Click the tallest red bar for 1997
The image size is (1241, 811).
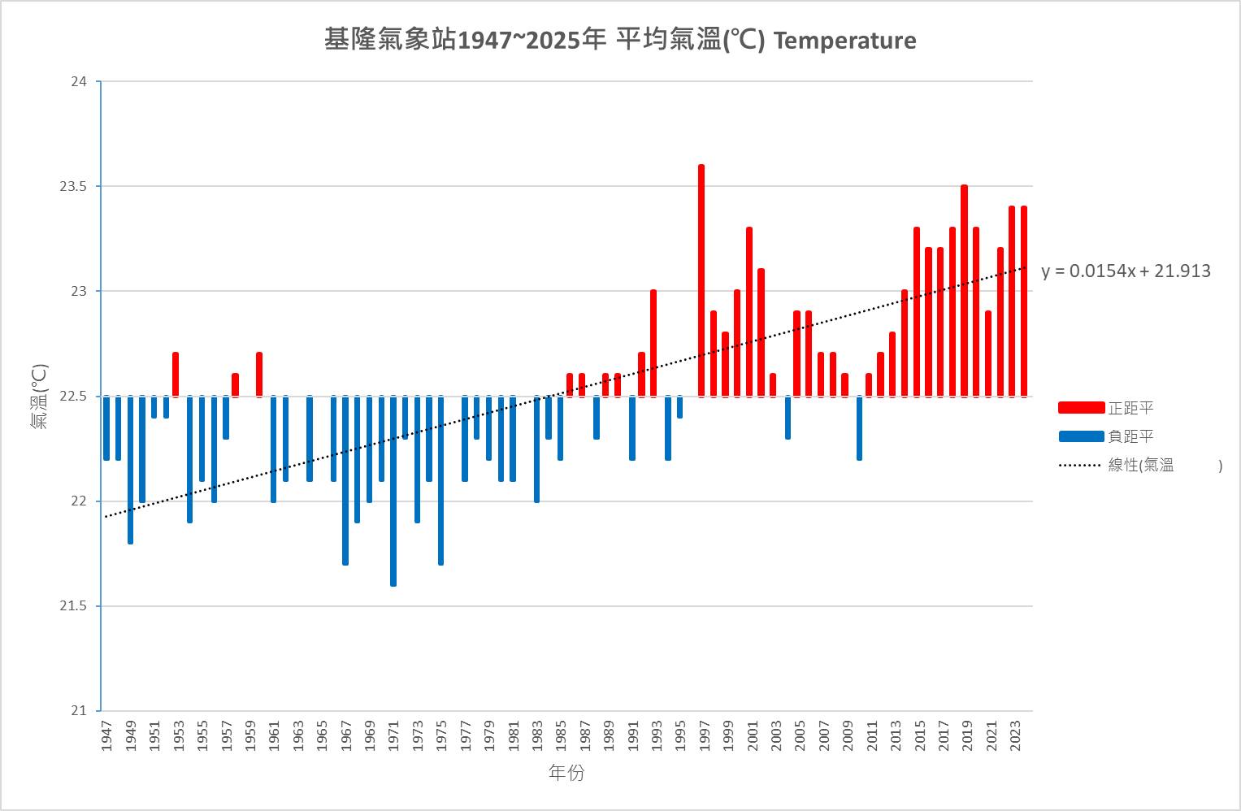(701, 280)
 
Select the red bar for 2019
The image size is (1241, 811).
(964, 291)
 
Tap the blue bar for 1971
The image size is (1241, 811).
(393, 491)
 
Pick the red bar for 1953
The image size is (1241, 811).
(176, 375)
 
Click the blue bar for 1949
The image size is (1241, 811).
(130, 470)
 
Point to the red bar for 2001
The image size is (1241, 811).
(749, 312)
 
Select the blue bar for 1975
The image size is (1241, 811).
(441, 480)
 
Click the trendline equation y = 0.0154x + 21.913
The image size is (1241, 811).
(1126, 271)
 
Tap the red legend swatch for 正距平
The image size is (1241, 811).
(1081, 408)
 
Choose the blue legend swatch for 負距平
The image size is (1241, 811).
(1081, 436)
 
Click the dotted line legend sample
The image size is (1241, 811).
(1081, 466)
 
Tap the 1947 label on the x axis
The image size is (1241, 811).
(106, 735)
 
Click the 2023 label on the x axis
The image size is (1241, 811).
(1016, 735)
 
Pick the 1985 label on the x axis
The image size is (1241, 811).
(561, 735)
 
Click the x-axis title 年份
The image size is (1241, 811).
(566, 773)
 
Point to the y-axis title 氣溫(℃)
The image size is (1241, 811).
(39, 397)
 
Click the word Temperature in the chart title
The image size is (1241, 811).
(844, 41)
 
